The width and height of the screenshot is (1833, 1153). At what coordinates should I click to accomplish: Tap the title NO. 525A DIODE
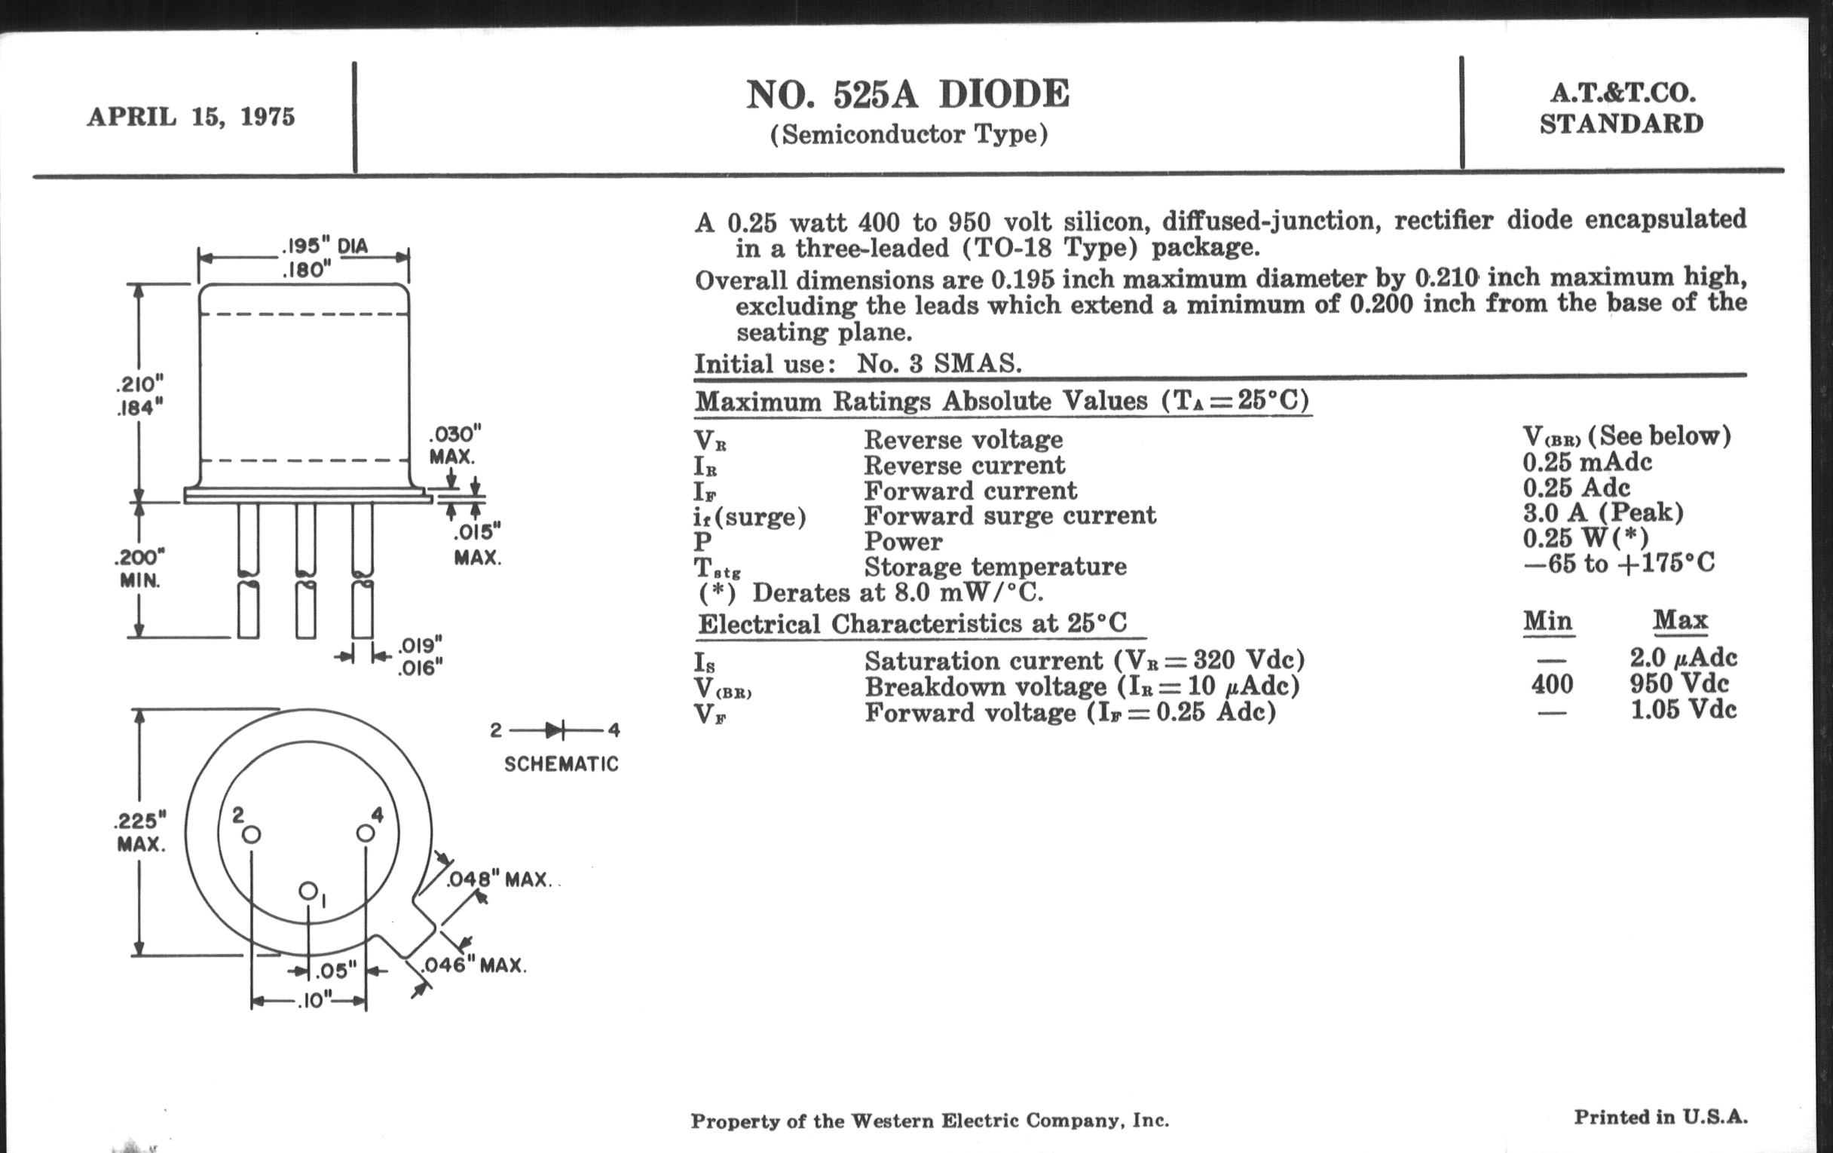point(907,95)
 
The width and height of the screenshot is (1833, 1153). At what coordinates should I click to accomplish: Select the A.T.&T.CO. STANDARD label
point(1621,108)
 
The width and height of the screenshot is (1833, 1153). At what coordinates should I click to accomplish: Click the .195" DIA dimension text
point(325,246)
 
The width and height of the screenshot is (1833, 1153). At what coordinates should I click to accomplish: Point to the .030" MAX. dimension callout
point(454,445)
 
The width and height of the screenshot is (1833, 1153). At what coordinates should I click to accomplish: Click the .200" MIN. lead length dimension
point(140,568)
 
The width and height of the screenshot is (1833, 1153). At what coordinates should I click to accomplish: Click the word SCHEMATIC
point(561,764)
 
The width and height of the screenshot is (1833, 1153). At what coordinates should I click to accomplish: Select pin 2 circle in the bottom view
point(251,835)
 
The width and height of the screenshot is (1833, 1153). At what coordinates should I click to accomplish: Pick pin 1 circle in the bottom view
point(308,891)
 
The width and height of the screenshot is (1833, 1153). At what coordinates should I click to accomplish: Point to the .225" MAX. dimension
point(140,832)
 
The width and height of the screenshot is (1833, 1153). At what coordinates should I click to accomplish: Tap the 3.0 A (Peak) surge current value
point(1603,512)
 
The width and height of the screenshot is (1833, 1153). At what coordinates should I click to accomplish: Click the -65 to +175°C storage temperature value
point(1618,563)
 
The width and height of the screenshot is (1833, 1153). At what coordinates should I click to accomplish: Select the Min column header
point(1547,621)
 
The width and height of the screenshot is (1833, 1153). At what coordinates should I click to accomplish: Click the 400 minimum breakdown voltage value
point(1552,684)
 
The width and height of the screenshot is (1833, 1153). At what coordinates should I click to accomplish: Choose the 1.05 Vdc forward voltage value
point(1683,709)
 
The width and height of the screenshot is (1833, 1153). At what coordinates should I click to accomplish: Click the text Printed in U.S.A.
point(1660,1117)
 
